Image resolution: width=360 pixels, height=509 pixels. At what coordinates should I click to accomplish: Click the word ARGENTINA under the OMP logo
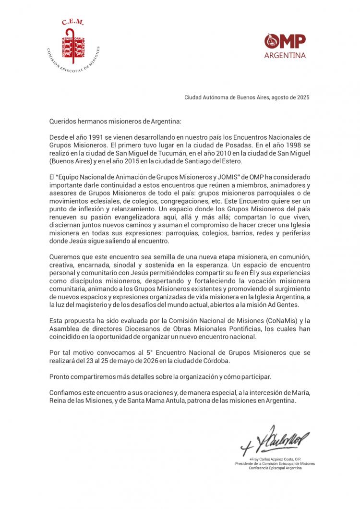(285, 55)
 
